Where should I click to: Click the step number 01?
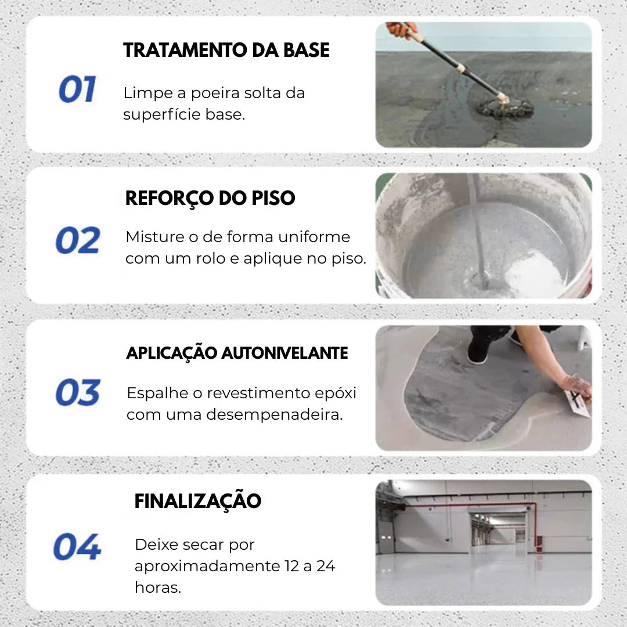click(77, 90)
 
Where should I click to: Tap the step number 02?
click(78, 240)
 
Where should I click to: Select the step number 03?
click(78, 392)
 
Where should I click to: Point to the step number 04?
click(77, 547)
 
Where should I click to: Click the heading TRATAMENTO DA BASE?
click(226, 51)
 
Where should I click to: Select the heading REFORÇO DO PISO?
click(210, 199)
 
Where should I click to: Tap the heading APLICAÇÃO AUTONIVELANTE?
click(237, 353)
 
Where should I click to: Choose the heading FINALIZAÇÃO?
click(197, 501)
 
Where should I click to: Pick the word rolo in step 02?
click(210, 259)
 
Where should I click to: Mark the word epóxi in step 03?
click(336, 393)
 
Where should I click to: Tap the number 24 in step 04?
click(326, 566)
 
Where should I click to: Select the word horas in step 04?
click(157, 587)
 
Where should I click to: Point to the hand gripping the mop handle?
click(401, 29)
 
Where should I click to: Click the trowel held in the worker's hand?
click(576, 402)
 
